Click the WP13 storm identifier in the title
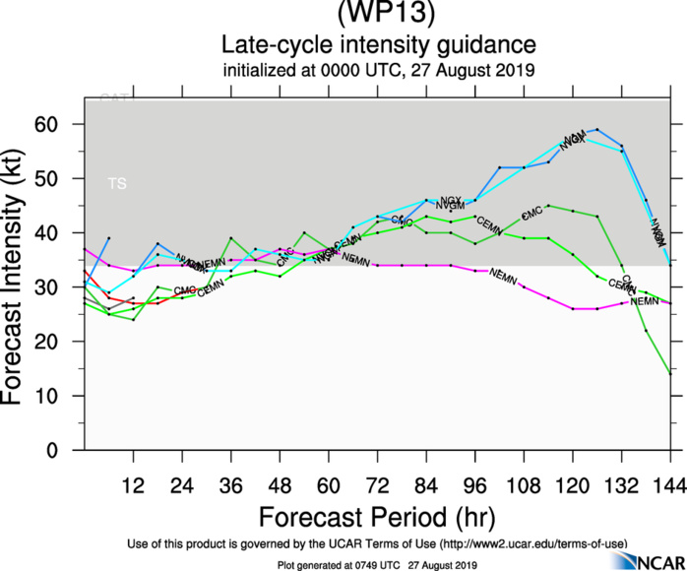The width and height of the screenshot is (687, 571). pyautogui.click(x=378, y=14)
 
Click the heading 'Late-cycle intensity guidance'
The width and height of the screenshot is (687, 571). pyautogui.click(x=378, y=44)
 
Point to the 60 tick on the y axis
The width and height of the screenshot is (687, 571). pyautogui.click(x=65, y=125)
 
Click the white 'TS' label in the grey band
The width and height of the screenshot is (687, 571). pyautogui.click(x=117, y=183)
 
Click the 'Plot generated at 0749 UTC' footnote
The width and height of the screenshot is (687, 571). pyautogui.click(x=378, y=564)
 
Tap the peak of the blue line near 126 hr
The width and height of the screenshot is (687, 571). pyautogui.click(x=597, y=129)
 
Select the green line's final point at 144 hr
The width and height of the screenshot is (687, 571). pyautogui.click(x=670, y=373)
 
